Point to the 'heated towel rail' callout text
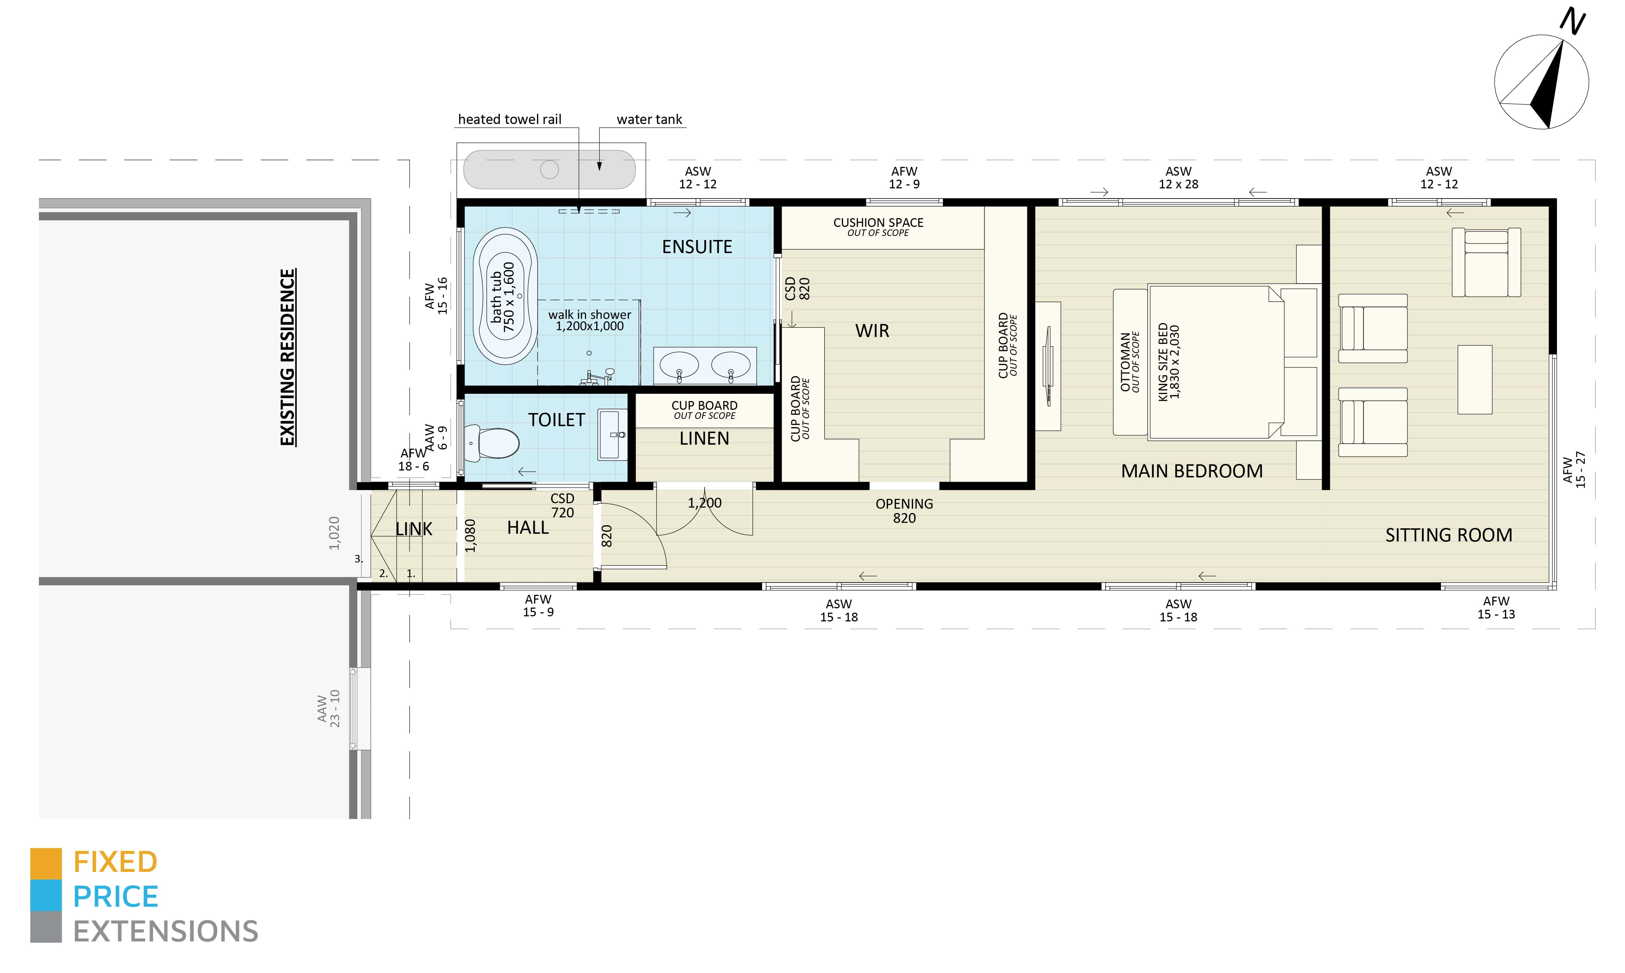click(510, 119)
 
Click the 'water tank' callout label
click(649, 119)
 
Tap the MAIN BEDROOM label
click(1191, 471)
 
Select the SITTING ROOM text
click(1449, 535)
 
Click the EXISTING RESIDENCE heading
click(287, 357)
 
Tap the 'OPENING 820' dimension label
click(904, 511)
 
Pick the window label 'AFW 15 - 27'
click(1574, 469)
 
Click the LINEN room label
click(704, 439)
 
